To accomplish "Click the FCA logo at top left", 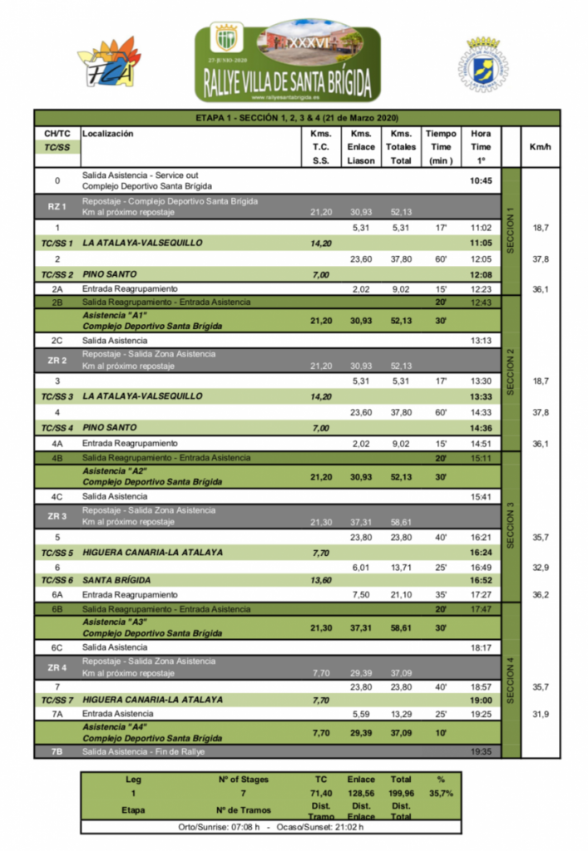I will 108,63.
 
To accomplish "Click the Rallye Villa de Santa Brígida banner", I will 288,61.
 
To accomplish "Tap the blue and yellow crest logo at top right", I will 482,64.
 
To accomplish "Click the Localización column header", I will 108,133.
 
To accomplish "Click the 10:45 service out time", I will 480,180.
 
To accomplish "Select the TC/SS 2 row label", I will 57,274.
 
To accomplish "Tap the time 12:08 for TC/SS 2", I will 480,274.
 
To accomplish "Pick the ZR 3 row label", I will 57,516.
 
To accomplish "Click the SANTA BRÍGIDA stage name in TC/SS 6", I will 116,580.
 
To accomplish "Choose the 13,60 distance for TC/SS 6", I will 320,580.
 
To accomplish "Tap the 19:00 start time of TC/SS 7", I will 480,700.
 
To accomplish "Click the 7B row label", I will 57,751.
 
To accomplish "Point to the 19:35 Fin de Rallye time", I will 480,751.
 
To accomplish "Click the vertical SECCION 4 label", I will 511,680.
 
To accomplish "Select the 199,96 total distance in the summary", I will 401,793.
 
